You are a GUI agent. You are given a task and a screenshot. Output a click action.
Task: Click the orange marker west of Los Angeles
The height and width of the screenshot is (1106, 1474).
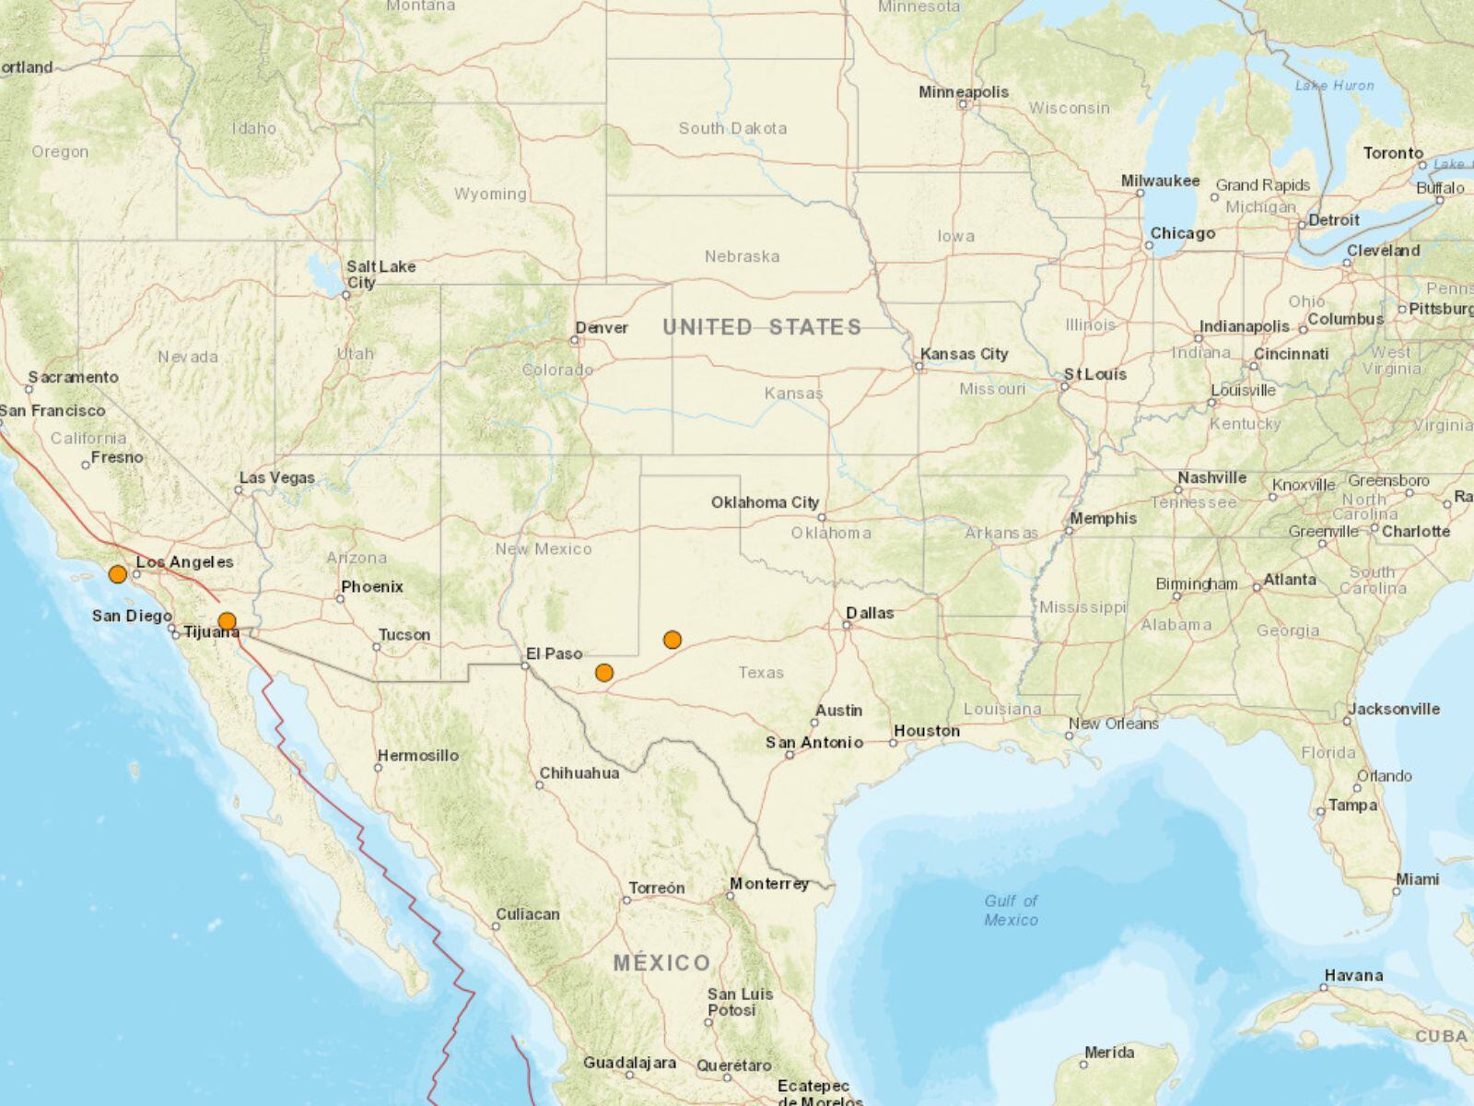click(117, 574)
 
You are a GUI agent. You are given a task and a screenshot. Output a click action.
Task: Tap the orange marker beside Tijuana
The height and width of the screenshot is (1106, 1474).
click(227, 621)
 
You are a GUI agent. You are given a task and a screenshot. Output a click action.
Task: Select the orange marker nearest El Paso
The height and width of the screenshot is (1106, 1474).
click(603, 672)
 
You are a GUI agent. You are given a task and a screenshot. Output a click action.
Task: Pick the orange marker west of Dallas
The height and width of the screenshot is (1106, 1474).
click(673, 640)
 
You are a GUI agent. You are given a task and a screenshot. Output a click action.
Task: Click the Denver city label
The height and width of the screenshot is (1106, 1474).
click(602, 327)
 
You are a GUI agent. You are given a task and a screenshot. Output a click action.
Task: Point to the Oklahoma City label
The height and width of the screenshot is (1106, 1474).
click(765, 502)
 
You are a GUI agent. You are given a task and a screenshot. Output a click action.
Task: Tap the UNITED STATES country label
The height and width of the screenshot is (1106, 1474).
click(762, 327)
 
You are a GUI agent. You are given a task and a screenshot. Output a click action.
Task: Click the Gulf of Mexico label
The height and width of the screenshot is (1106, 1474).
click(1011, 911)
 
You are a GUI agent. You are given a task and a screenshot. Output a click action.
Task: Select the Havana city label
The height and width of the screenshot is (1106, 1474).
click(1353, 975)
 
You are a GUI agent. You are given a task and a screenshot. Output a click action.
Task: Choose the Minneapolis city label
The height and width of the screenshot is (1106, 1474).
click(964, 92)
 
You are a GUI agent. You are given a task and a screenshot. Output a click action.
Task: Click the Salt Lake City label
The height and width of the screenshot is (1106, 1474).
click(380, 274)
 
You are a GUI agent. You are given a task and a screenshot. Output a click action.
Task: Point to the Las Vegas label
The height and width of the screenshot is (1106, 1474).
click(277, 477)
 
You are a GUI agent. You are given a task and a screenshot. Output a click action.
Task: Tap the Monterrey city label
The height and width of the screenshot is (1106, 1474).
click(769, 884)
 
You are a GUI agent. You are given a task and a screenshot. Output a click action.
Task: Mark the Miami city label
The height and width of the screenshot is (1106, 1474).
click(1417, 879)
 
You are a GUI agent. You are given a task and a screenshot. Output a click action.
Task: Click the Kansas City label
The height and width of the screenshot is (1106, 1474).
click(965, 354)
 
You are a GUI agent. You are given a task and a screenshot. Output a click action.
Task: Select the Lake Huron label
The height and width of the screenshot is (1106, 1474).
click(1334, 86)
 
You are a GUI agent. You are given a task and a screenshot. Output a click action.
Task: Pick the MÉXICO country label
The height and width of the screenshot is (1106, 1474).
click(662, 964)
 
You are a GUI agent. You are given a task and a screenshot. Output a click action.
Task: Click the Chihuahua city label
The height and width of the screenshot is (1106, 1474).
click(579, 773)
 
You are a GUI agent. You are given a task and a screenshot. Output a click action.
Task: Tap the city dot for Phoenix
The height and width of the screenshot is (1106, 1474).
click(340, 599)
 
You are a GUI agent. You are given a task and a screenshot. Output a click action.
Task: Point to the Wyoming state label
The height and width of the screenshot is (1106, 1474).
click(490, 194)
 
